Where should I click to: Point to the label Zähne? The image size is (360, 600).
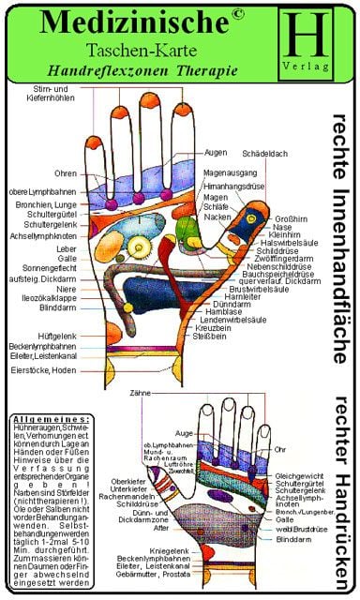point(141,393)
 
